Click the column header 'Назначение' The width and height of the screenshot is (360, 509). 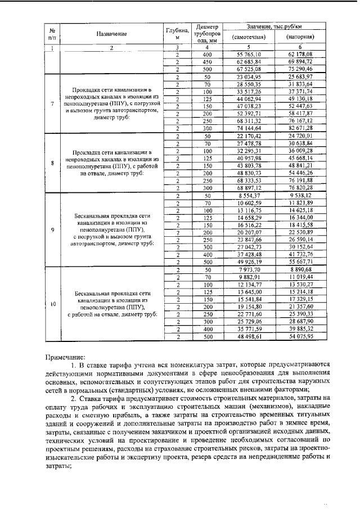[x=111, y=34]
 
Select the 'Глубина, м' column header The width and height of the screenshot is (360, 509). [x=177, y=33]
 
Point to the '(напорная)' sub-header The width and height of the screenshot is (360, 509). [x=300, y=38]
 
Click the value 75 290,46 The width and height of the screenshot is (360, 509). [x=300, y=68]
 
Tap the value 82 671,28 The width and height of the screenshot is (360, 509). [x=300, y=128]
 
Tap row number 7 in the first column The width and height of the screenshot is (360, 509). [x=52, y=103]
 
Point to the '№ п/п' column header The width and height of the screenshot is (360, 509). [x=52, y=33]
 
